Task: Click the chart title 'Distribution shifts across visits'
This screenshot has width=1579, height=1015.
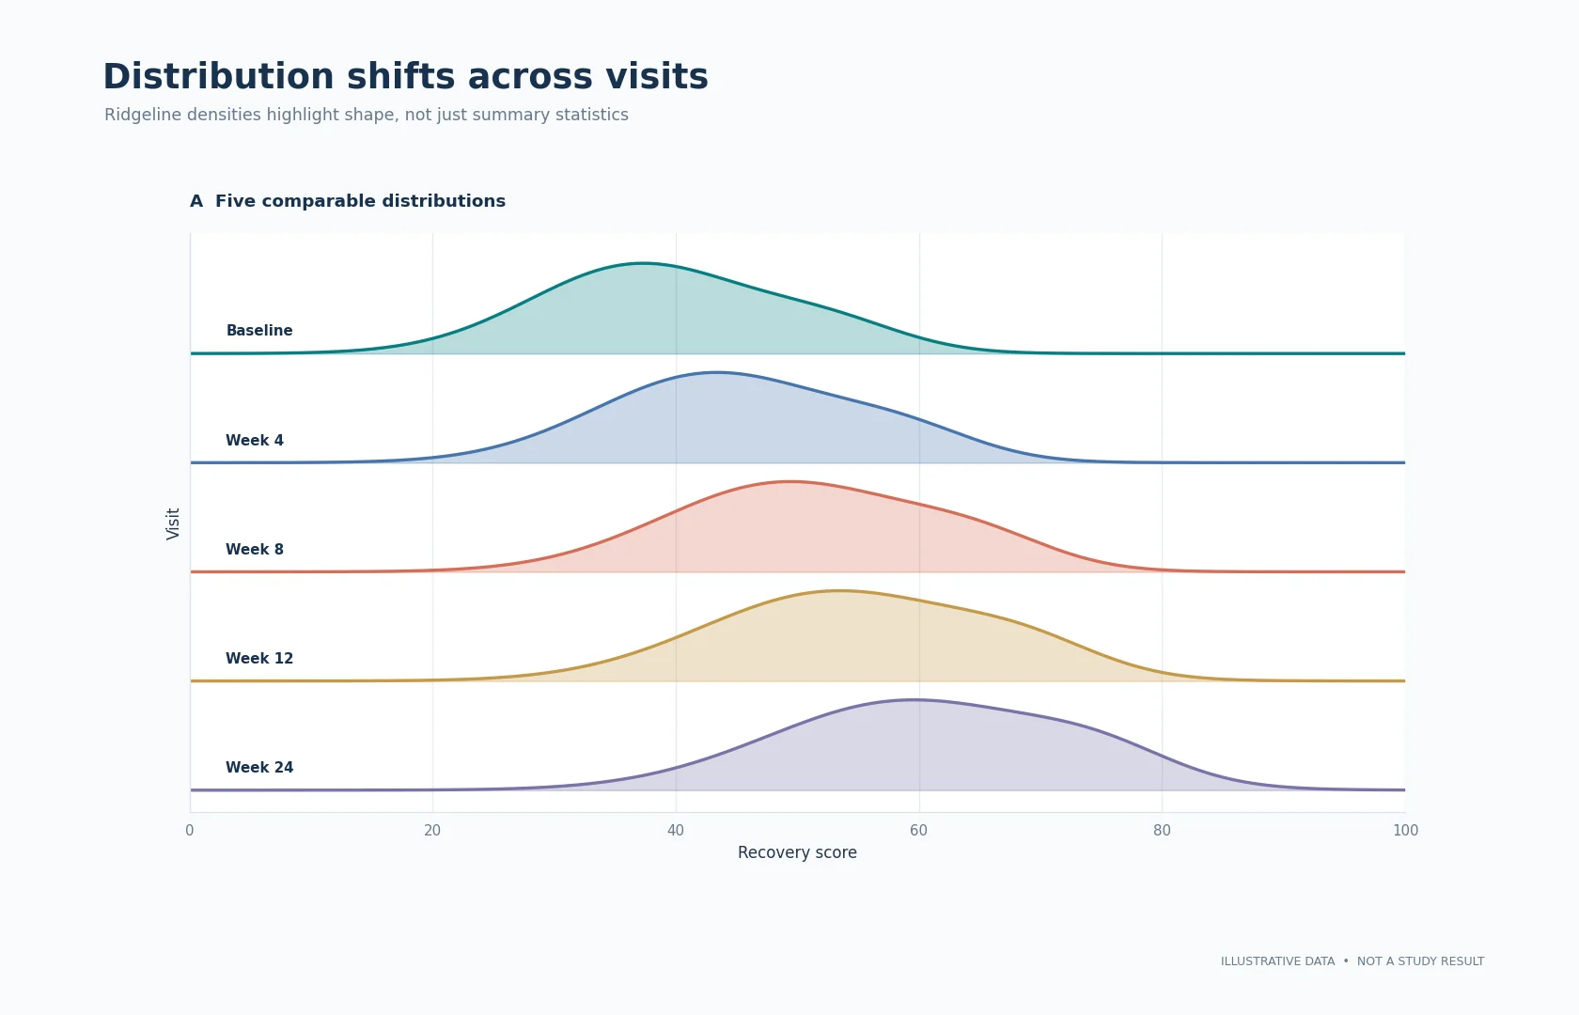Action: point(405,77)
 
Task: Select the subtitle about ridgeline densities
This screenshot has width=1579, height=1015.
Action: point(366,115)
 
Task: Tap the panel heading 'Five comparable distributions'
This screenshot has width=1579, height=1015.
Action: point(360,201)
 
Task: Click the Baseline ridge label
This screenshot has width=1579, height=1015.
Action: point(259,331)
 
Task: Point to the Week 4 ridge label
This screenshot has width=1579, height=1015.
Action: point(255,441)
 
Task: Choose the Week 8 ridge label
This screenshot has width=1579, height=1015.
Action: point(255,549)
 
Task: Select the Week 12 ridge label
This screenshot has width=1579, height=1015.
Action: point(259,658)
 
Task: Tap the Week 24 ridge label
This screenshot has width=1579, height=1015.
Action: point(259,768)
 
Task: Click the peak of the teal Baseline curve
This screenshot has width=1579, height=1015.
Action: point(642,263)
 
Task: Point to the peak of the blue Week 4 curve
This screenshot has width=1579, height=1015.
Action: point(717,372)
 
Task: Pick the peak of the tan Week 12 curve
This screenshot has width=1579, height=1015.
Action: point(838,590)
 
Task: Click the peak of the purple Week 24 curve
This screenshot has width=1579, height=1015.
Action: point(913,700)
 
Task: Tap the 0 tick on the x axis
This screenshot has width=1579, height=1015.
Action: point(190,831)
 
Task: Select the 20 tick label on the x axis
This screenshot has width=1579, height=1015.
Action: point(432,831)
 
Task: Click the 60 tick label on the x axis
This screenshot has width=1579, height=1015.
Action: point(918,831)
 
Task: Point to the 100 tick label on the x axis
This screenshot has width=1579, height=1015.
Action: point(1406,831)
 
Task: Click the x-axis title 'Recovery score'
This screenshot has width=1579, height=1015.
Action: point(797,853)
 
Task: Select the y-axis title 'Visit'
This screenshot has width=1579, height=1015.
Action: point(173,523)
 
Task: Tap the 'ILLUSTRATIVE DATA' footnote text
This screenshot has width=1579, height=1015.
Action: point(1278,961)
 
